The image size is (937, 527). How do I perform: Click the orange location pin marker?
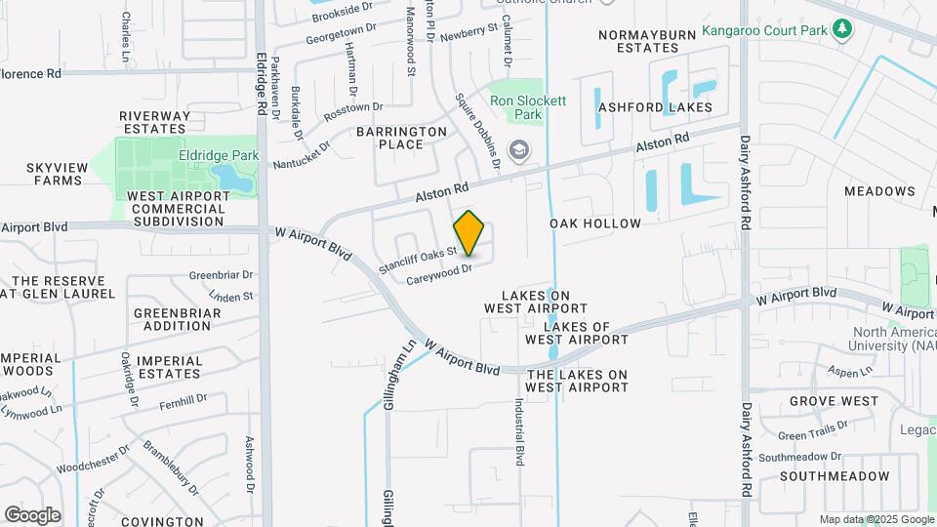(x=469, y=233)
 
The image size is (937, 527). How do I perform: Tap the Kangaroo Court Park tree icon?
(x=842, y=29)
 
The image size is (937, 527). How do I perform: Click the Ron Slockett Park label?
(x=528, y=107)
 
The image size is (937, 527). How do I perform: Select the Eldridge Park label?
(x=204, y=155)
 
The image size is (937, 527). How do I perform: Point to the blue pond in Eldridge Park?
(x=231, y=178)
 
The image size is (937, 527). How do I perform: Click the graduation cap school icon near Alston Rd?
(x=519, y=149)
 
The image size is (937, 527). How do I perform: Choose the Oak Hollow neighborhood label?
(x=595, y=223)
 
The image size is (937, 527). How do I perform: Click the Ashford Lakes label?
(x=656, y=107)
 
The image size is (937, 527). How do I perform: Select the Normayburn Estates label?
(x=647, y=40)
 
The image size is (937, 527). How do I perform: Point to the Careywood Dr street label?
(x=439, y=274)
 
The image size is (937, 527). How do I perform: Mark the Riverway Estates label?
(x=154, y=122)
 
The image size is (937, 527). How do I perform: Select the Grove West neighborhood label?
(x=834, y=401)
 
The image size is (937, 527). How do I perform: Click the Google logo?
(x=32, y=514)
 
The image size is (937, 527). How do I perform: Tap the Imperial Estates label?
(x=170, y=367)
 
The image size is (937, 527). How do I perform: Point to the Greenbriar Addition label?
(x=178, y=319)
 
